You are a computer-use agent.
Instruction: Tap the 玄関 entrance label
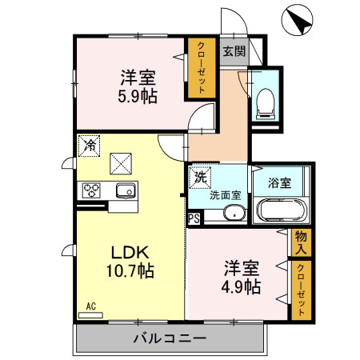click(x=233, y=53)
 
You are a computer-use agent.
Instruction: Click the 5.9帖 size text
click(x=138, y=95)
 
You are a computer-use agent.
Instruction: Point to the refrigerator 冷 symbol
click(x=90, y=146)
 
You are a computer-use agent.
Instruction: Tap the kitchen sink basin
click(x=124, y=191)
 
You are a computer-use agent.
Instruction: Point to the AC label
click(x=91, y=306)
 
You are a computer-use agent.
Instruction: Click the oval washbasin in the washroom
click(x=234, y=214)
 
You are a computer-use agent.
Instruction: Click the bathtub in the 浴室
click(x=279, y=212)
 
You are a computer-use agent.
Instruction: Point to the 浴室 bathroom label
click(x=279, y=182)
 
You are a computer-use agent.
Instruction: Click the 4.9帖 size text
click(x=241, y=286)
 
